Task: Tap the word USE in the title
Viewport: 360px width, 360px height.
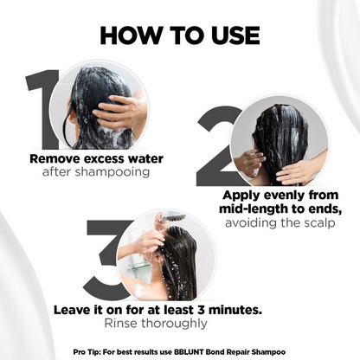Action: pos(235,35)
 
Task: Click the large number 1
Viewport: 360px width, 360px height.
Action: pos(42,109)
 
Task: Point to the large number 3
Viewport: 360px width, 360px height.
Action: pos(106,260)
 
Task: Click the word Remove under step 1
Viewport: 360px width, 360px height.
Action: pos(55,158)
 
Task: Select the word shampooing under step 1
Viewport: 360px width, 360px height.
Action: pos(112,172)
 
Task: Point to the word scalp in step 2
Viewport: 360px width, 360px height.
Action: pos(320,222)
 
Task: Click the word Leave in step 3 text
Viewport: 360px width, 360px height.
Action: pos(70,310)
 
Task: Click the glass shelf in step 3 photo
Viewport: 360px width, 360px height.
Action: pos(138,266)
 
